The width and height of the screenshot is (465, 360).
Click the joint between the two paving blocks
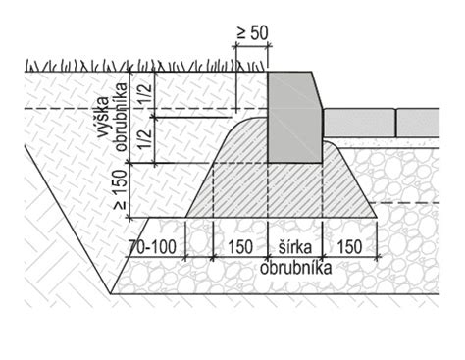coord(396,123)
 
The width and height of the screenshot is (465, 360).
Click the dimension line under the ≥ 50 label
coord(252,48)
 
